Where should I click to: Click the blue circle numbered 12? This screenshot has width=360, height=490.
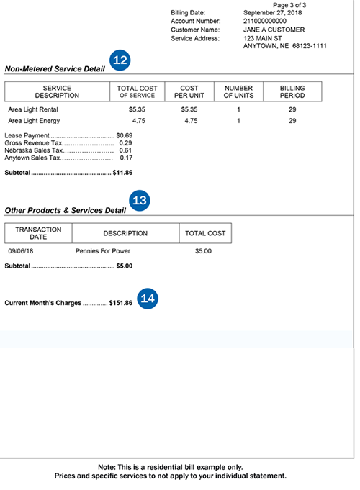tap(120, 60)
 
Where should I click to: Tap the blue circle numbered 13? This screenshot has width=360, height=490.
tap(140, 201)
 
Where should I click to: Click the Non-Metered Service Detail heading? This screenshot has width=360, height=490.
tap(55, 69)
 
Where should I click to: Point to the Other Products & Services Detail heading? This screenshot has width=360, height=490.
tap(66, 210)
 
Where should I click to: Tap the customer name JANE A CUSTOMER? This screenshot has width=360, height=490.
tap(274, 30)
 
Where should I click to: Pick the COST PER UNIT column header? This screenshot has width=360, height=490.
tap(189, 91)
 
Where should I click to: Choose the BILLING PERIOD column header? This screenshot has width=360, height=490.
tap(292, 91)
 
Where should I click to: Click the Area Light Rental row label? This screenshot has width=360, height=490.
tap(32, 109)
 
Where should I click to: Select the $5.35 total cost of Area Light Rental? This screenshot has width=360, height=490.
tap(137, 109)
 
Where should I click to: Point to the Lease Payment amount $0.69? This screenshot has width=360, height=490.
tap(125, 135)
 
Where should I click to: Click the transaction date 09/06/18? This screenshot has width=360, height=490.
tap(21, 252)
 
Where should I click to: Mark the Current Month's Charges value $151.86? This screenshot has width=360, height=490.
tap(120, 303)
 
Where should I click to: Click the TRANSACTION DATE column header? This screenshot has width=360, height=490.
tap(38, 233)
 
